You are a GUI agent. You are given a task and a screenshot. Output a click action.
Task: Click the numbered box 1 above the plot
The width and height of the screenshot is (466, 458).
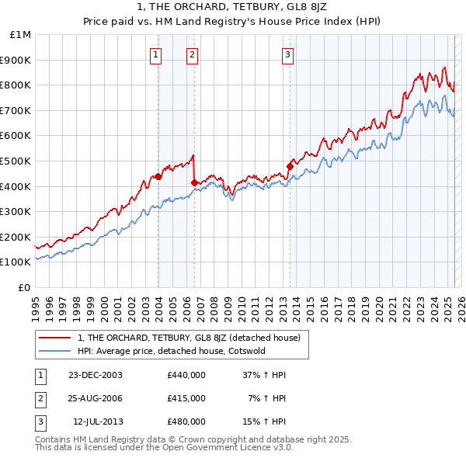coord(156,54)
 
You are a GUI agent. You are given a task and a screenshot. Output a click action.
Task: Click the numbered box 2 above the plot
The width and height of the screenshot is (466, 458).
coord(192,54)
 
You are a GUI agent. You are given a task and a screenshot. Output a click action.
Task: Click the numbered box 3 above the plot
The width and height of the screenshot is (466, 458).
coord(287,54)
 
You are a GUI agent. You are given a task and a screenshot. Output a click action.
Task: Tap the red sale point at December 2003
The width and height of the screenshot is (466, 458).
coord(158,176)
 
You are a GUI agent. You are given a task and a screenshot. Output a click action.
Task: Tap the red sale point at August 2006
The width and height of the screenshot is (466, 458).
coord(194,182)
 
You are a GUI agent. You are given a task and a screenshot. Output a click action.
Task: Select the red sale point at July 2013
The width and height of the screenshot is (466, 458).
coord(290,165)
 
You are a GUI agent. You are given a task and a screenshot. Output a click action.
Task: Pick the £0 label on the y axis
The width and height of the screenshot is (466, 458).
coord(25,287)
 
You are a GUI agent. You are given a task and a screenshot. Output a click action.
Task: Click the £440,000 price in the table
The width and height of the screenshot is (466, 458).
coord(186,375)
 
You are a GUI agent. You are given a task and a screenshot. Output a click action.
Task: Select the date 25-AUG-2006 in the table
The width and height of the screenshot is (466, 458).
coord(96,398)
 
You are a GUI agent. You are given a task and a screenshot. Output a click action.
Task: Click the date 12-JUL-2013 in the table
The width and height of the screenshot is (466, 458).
coord(97,422)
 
